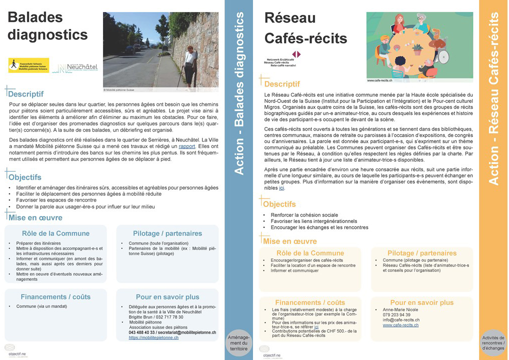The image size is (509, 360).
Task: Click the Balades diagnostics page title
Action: (47, 26)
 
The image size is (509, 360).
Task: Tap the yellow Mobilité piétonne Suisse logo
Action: (28, 65)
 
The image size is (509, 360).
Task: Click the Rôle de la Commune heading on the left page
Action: (55, 233)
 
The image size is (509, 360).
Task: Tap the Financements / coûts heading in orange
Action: (309, 302)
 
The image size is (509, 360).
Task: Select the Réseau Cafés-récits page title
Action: (305, 28)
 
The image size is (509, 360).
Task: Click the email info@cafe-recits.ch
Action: (401, 320)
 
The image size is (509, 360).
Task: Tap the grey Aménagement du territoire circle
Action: (238, 344)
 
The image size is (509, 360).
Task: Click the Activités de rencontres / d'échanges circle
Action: (493, 344)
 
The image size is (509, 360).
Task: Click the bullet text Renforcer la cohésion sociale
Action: (304, 215)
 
